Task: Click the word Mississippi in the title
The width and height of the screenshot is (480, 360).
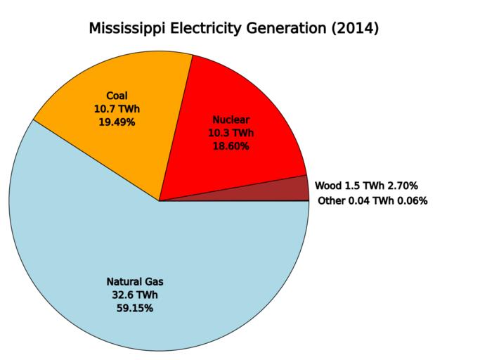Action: (131, 29)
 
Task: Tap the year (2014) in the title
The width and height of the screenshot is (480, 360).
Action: (356, 29)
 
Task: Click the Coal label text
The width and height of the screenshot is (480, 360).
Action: (117, 96)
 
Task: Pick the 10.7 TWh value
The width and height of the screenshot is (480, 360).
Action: (117, 109)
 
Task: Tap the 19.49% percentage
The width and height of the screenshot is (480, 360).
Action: (117, 122)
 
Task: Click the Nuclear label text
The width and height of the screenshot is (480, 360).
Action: (231, 120)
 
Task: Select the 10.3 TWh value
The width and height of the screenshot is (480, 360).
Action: (231, 133)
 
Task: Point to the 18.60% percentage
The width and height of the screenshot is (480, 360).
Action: (231, 146)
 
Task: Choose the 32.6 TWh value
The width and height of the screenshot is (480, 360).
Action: (134, 295)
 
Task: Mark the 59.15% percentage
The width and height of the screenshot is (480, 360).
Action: (134, 308)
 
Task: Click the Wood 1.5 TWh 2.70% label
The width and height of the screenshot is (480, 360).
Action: (366, 186)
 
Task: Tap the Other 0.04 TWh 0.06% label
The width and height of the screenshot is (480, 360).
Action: (372, 201)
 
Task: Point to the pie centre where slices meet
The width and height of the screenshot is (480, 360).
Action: (160, 201)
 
